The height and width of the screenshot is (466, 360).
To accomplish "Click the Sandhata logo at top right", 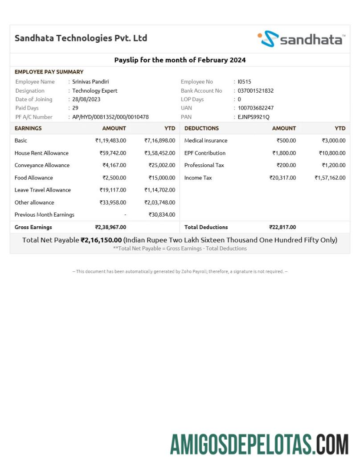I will (x=301, y=39).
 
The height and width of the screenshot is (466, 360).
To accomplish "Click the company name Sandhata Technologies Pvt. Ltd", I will (x=81, y=38).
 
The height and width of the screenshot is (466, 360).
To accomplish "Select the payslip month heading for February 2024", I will (x=180, y=60).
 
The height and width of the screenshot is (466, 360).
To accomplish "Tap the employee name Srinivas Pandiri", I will (x=90, y=82).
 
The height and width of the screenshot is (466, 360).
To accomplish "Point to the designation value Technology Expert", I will (x=95, y=90).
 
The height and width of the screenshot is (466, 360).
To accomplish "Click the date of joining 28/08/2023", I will (x=87, y=99).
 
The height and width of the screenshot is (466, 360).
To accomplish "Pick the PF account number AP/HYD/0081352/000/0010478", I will (x=110, y=117).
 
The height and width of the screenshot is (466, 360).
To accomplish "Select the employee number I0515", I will (x=244, y=82).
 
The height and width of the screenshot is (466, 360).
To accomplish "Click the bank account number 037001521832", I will (x=256, y=90).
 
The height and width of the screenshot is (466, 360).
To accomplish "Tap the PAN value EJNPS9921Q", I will (x=254, y=117).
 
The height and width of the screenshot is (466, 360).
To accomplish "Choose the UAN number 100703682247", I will (x=256, y=108).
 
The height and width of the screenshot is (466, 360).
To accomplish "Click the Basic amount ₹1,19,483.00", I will (x=110, y=140).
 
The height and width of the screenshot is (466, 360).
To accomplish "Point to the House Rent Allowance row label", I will (x=41, y=153).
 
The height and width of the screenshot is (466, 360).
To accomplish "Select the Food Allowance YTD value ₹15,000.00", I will (x=162, y=178).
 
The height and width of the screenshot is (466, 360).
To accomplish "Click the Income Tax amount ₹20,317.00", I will (x=282, y=178).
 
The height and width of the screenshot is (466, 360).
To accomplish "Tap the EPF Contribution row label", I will (x=205, y=153).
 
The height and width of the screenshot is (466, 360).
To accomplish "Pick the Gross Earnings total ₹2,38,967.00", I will (x=110, y=227).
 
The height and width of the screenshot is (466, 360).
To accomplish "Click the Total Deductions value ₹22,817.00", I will (x=282, y=227).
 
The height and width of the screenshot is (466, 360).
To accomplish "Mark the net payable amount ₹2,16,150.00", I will (x=101, y=240).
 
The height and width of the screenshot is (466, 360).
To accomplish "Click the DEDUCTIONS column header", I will (x=201, y=128).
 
